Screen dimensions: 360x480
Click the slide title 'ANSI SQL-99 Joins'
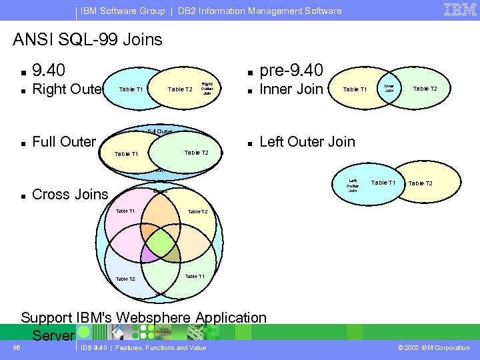tap(87, 39)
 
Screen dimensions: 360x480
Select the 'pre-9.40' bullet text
tap(291, 70)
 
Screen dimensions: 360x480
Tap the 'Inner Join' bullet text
tap(291, 89)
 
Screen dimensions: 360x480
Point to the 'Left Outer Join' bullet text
tap(307, 141)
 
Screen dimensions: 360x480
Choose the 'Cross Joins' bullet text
tap(70, 195)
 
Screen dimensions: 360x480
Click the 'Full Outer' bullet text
tap(64, 141)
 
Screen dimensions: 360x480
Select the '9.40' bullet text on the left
tap(49, 70)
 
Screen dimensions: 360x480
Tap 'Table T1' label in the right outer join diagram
tap(131, 89)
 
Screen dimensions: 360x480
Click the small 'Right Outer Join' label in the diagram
tap(207, 89)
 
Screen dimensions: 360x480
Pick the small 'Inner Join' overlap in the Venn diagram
tap(389, 88)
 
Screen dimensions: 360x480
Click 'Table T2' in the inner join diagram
tap(425, 88)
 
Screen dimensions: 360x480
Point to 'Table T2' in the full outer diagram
tap(196, 153)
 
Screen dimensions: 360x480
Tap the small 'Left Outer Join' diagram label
tap(353, 185)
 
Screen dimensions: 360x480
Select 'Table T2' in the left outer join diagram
tap(420, 183)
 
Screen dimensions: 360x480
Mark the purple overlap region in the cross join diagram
tap(151, 253)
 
